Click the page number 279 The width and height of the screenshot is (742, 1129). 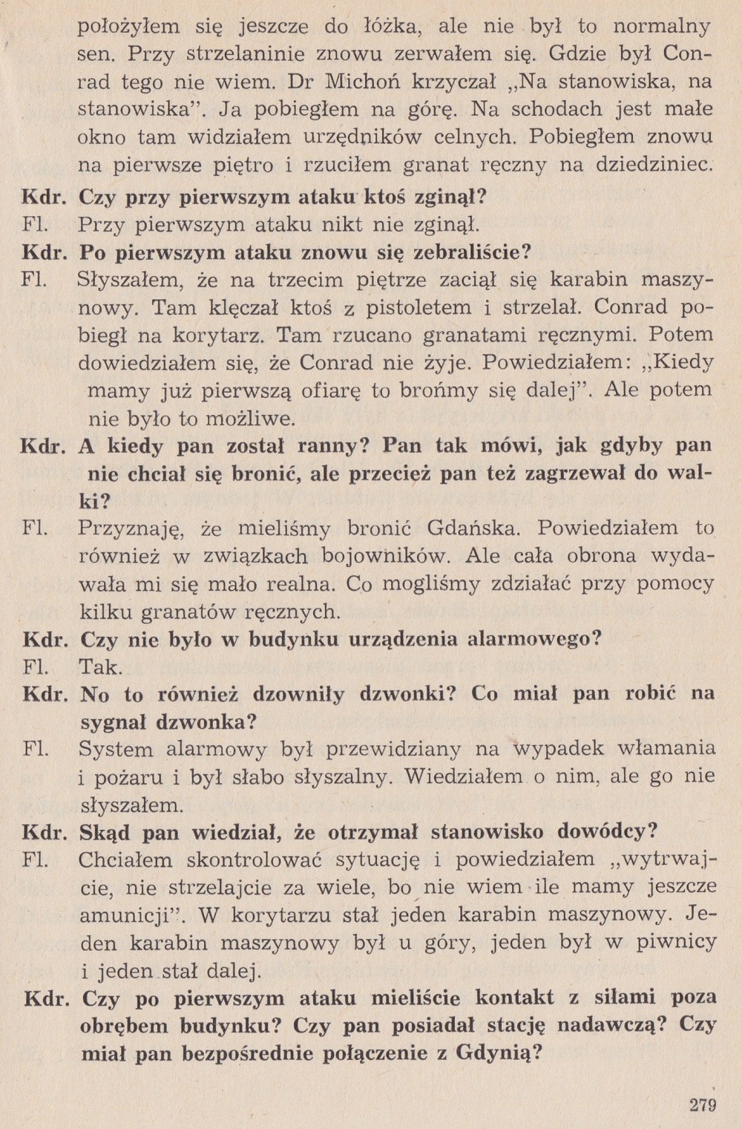702,1106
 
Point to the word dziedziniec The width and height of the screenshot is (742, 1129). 654,165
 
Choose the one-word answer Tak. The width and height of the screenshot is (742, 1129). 101,667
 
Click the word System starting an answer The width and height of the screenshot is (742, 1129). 116,749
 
